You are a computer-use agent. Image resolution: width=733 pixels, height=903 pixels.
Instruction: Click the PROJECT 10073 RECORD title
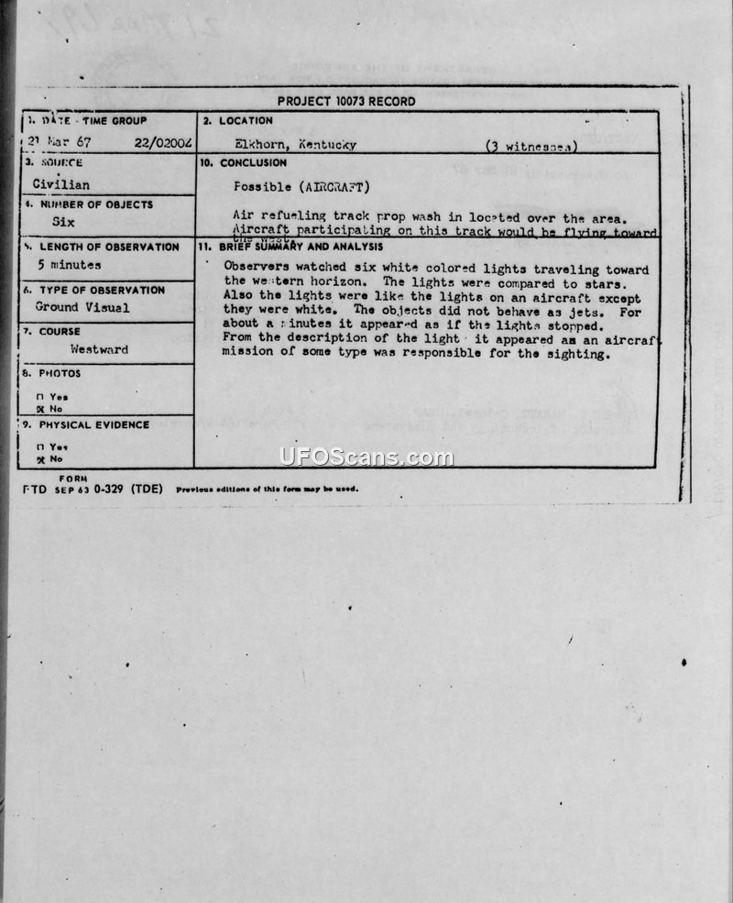click(346, 102)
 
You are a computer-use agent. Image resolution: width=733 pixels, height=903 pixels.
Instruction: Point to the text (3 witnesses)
click(531, 146)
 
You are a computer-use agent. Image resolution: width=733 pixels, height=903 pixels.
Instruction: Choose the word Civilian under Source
click(60, 184)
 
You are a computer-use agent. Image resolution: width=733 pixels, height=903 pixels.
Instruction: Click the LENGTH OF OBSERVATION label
click(107, 247)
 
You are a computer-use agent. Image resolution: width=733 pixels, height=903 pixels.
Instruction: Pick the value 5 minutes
click(69, 265)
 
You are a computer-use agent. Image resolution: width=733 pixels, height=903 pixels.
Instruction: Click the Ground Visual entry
click(82, 308)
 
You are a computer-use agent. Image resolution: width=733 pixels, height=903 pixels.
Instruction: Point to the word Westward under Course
click(99, 349)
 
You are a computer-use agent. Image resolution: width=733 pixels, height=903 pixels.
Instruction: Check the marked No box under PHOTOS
click(39, 409)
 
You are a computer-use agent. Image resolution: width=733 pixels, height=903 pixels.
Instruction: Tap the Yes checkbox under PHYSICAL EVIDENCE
click(39, 446)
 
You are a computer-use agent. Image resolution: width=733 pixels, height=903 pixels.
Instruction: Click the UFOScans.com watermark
click(366, 457)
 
